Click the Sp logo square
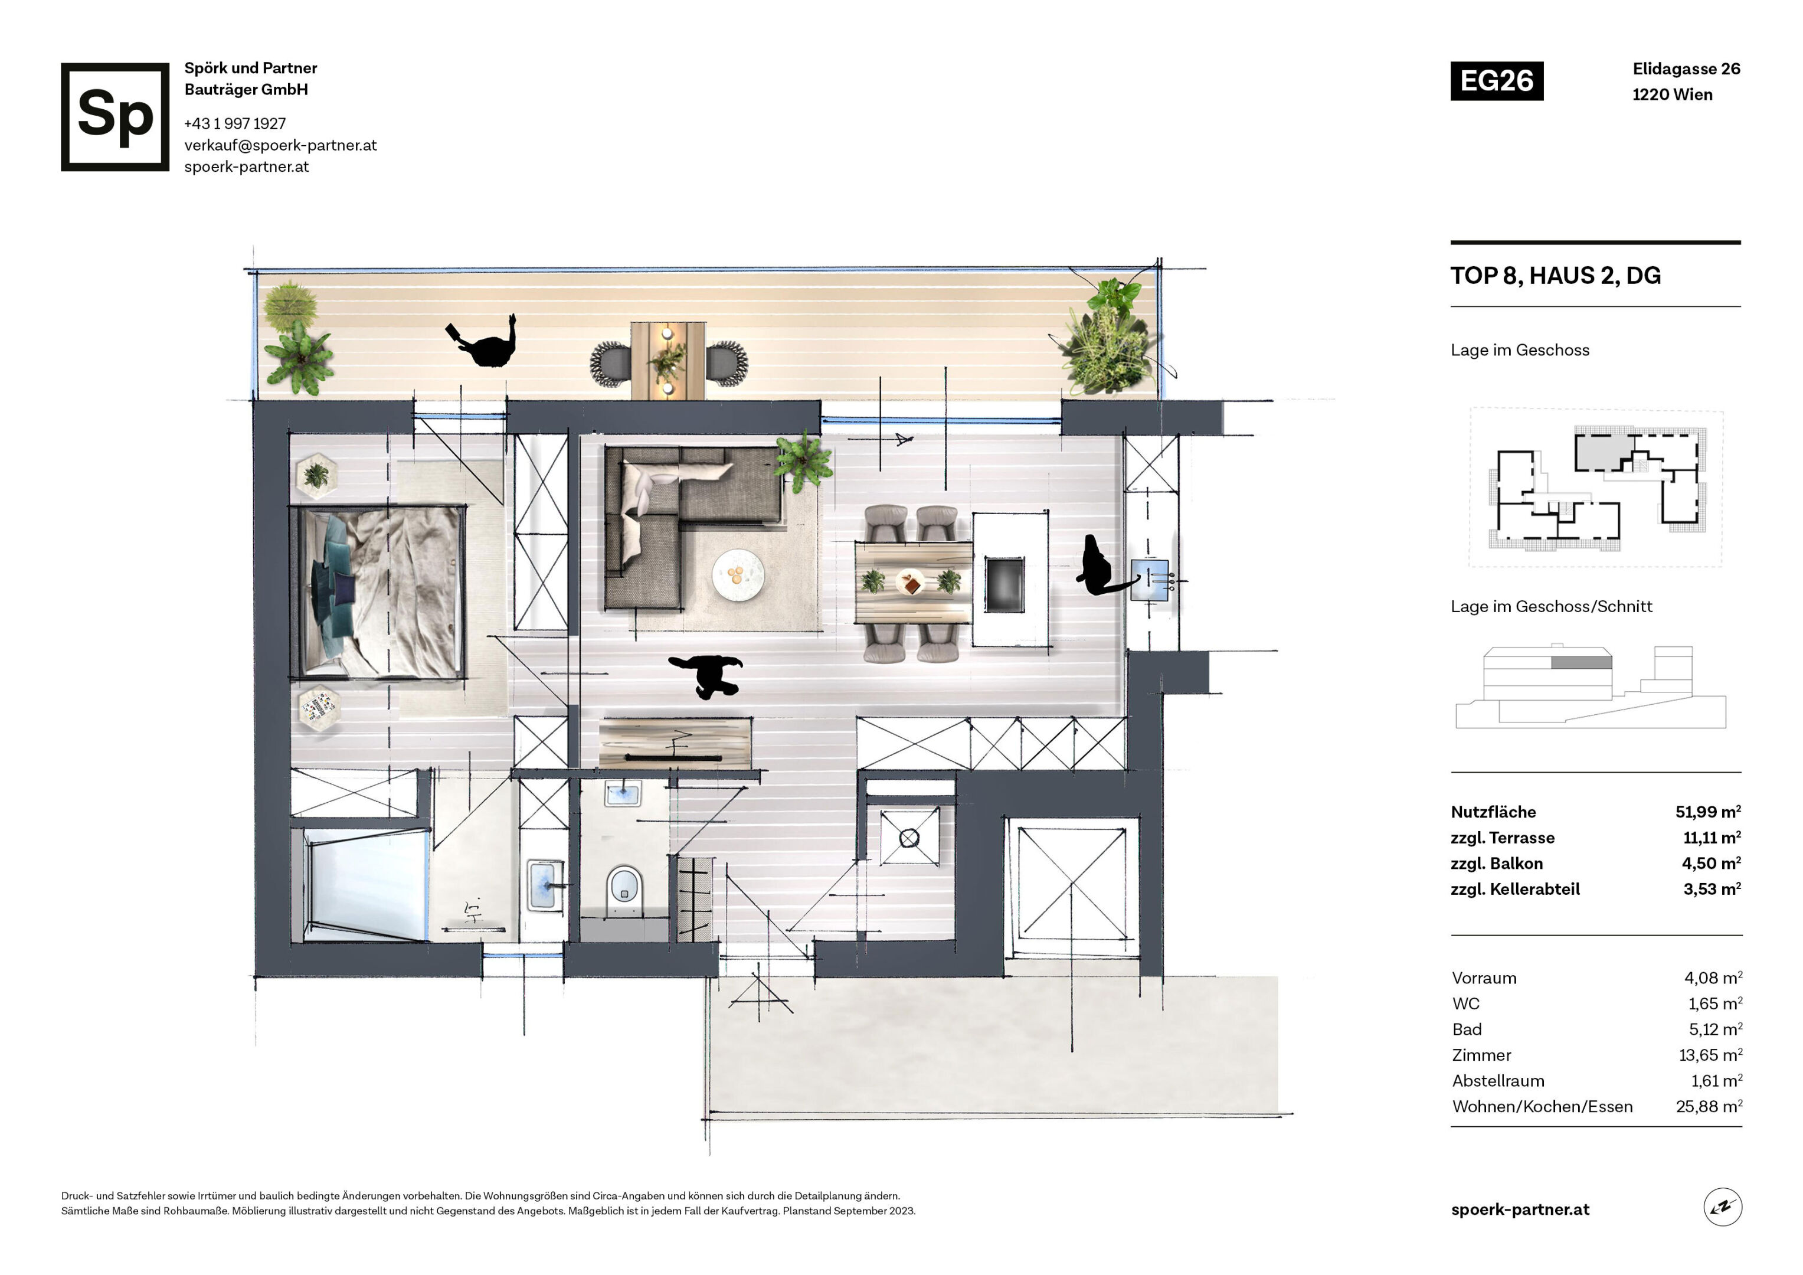[114, 116]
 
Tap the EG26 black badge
[1496, 81]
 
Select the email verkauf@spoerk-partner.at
[280, 145]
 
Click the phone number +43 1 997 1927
[235, 123]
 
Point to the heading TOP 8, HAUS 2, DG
[1555, 276]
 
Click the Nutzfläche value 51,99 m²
[1708, 812]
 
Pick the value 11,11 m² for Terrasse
[1712, 838]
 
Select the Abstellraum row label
[1497, 1081]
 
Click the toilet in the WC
[625, 891]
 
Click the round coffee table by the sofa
[737, 575]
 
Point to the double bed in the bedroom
[378, 591]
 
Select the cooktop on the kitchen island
[1004, 584]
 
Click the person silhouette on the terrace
[483, 342]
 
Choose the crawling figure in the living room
[706, 675]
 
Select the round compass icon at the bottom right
[1722, 1208]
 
